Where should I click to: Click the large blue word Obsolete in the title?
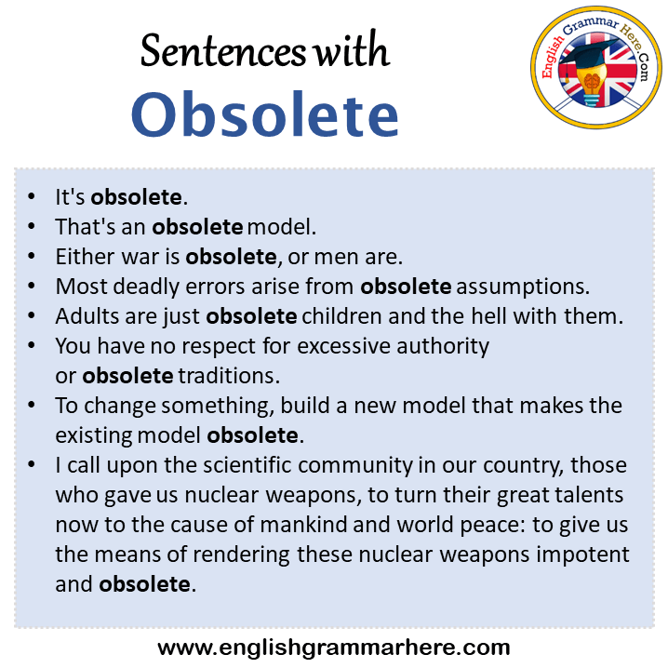pyautogui.click(x=264, y=114)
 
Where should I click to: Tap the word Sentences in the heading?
pyautogui.click(x=222, y=51)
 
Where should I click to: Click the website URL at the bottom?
pyautogui.click(x=334, y=648)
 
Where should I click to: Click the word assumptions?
pyautogui.click(x=523, y=287)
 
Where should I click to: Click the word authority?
pyautogui.click(x=443, y=346)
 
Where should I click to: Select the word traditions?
pyautogui.click(x=229, y=376)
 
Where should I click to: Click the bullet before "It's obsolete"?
pyautogui.click(x=31, y=197)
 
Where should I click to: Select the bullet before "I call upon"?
pyautogui.click(x=31, y=465)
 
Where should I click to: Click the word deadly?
pyautogui.click(x=146, y=287)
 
